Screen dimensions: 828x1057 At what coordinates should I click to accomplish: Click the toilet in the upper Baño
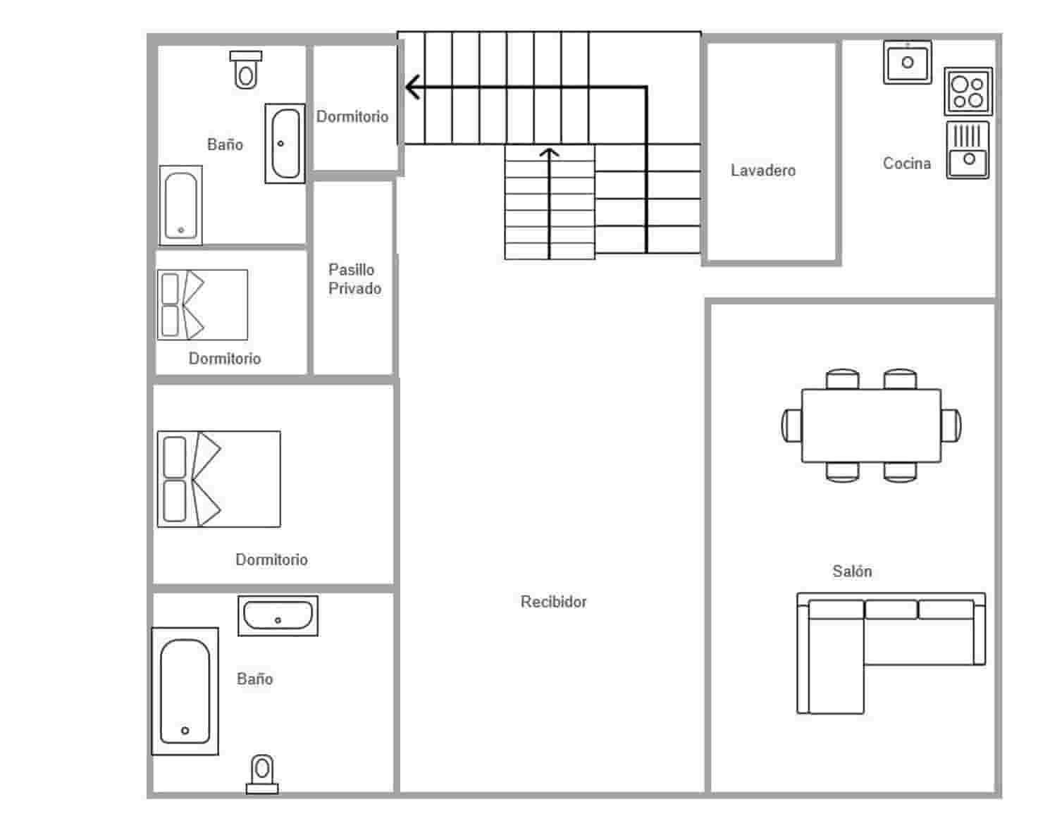coord(245,70)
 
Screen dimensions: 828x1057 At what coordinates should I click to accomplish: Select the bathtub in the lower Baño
coord(185,691)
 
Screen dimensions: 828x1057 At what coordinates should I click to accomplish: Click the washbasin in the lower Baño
coord(278,615)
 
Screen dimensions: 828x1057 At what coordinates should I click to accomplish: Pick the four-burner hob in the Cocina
coord(968,92)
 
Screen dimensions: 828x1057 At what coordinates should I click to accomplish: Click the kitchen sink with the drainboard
coord(968,150)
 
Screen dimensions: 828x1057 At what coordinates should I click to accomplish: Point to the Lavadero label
coord(762,171)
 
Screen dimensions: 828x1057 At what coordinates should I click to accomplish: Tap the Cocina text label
coord(906,163)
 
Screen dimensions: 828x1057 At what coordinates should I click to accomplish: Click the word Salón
coord(851,571)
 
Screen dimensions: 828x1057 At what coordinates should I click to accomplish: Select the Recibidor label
coord(553,602)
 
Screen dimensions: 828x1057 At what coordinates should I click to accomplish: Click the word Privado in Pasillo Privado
coord(354,289)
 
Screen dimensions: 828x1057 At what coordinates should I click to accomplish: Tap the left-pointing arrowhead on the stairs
coord(413,87)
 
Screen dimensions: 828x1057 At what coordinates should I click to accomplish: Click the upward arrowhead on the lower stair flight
coord(549,152)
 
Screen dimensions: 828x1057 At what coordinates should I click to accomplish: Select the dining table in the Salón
coord(871,426)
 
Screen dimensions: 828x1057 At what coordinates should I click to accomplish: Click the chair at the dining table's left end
coord(791,426)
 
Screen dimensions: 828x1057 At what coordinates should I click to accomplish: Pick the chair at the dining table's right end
coord(951,426)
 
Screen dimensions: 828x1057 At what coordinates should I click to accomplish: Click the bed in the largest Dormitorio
coord(218,479)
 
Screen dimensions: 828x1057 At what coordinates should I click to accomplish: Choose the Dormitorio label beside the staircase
coord(352,117)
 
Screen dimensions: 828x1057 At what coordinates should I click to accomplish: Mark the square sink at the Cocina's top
coord(908,62)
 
